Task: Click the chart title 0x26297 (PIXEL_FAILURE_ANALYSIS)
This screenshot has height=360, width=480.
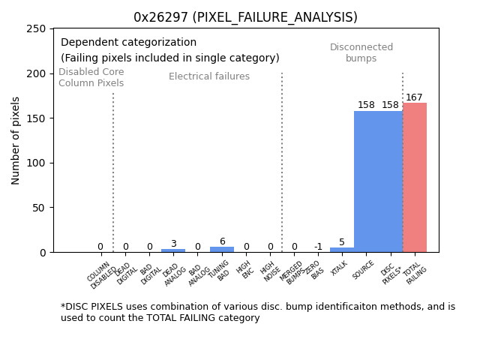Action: (x=245, y=17)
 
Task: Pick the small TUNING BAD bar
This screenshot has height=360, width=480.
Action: (x=221, y=249)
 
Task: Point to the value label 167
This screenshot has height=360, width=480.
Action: (x=414, y=97)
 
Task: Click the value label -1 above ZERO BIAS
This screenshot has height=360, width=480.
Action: (x=318, y=247)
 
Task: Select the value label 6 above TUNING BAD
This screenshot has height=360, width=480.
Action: (x=222, y=241)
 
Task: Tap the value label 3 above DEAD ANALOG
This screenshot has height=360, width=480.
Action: (x=173, y=244)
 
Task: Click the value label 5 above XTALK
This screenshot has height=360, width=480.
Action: (x=342, y=242)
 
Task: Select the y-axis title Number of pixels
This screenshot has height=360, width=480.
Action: (x=16, y=140)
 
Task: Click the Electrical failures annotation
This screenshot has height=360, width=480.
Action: (x=209, y=76)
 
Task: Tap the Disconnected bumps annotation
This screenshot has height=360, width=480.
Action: (x=361, y=52)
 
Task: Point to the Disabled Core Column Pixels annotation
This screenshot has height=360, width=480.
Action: (x=91, y=77)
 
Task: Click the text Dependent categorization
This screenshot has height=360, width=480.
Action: (x=128, y=43)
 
